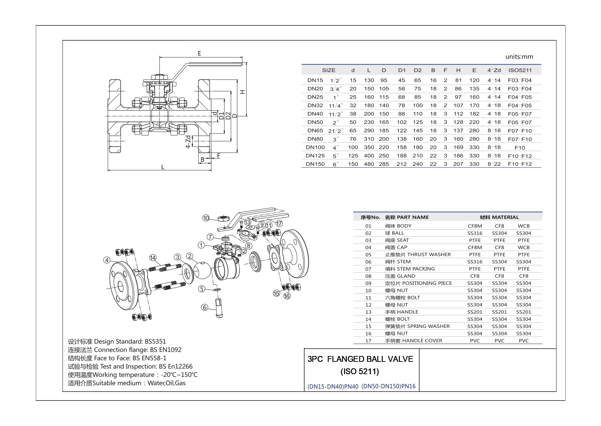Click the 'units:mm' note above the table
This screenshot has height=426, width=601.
coord(519,57)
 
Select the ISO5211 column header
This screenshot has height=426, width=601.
coord(520,70)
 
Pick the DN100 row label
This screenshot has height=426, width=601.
coord(315,147)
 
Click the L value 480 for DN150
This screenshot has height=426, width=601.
coord(369,164)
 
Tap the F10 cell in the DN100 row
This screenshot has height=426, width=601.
coord(520,148)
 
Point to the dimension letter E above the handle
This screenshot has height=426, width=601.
coord(199,54)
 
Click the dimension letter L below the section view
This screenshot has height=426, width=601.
coord(163,167)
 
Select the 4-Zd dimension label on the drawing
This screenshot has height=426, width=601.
coord(188,142)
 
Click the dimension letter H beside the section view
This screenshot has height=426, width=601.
coord(242,92)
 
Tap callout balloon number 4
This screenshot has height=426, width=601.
coord(107,260)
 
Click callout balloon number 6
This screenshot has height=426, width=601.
coord(205,307)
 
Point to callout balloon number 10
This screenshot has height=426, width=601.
coord(206,218)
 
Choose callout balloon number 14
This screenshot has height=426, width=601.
coord(153,258)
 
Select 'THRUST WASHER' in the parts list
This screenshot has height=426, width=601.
coord(429,254)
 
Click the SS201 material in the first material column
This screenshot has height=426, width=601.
coord(475,312)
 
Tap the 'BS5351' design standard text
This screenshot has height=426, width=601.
coord(155,342)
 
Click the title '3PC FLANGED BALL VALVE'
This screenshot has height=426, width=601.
coord(360,359)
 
